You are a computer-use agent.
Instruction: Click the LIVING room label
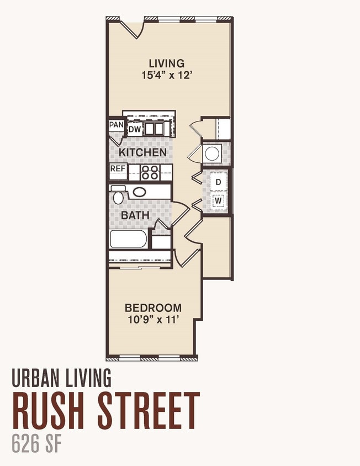pyautogui.click(x=167, y=63)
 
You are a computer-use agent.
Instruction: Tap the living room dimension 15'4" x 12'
pyautogui.click(x=166, y=75)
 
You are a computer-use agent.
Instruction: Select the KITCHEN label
pyautogui.click(x=142, y=152)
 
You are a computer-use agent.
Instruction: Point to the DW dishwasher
pyautogui.click(x=134, y=129)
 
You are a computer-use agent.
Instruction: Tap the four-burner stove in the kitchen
pyautogui.click(x=150, y=172)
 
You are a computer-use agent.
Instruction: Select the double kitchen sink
pyautogui.click(x=154, y=129)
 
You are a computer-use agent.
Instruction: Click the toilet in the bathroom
pyautogui.click(x=118, y=195)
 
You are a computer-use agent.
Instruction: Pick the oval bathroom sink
pyautogui.click(x=140, y=192)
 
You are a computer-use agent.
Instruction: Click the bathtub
pyautogui.click(x=129, y=239)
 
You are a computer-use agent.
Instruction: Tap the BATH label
pyautogui.click(x=135, y=215)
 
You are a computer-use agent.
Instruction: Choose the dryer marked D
pyautogui.click(x=219, y=182)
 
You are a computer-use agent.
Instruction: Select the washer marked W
pyautogui.click(x=219, y=200)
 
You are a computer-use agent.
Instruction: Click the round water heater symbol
pyautogui.click(x=212, y=153)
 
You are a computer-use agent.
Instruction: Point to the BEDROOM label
pyautogui.click(x=153, y=308)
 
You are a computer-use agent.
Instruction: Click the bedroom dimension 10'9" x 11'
pyautogui.click(x=153, y=320)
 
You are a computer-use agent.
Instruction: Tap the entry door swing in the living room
pyautogui.click(x=133, y=29)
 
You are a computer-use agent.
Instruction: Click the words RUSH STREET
pyautogui.click(x=106, y=410)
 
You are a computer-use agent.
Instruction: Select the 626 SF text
pyautogui.click(x=37, y=444)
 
